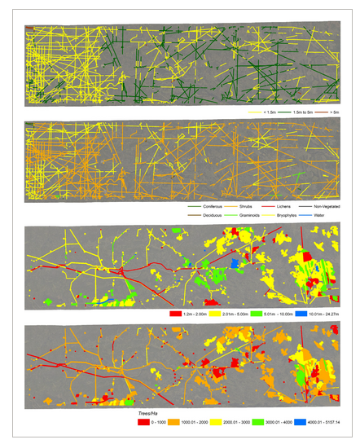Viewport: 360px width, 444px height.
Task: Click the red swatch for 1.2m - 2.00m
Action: pyautogui.click(x=173, y=312)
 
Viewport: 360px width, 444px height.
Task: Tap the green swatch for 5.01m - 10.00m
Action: pyautogui.click(x=264, y=312)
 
